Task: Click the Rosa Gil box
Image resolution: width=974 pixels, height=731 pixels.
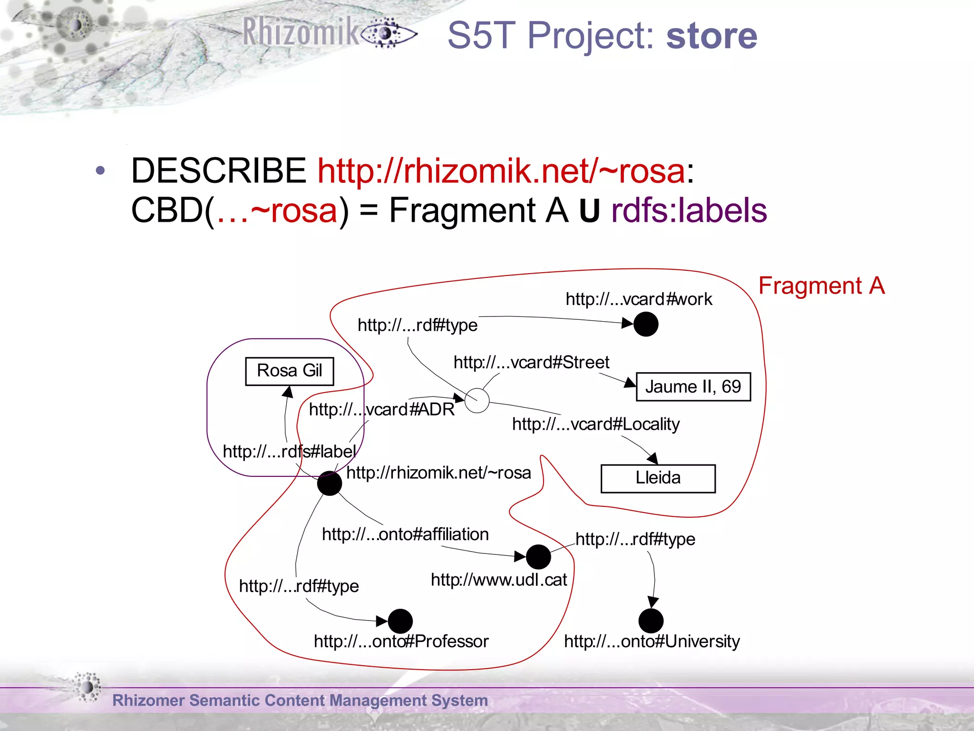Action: coord(289,371)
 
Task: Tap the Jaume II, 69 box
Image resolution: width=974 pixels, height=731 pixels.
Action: coord(693,387)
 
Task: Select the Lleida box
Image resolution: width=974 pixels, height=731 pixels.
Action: coord(658,478)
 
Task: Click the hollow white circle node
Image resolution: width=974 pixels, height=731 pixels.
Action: coord(477,400)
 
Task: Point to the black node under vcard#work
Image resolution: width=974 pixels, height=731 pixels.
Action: coord(646,324)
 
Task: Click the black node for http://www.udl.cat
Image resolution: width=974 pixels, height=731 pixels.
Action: coord(538,557)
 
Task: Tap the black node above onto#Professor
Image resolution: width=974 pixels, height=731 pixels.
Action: coord(400,621)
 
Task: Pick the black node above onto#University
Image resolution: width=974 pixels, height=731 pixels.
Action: coord(651,621)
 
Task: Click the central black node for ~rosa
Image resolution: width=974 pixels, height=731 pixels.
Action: coord(329,483)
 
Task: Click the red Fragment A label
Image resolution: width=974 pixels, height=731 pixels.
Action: coord(821,286)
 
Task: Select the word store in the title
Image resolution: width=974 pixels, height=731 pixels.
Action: coord(711,36)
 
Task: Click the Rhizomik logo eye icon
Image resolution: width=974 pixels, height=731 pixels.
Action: coord(388,33)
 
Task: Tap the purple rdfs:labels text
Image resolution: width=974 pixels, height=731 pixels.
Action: coord(689,210)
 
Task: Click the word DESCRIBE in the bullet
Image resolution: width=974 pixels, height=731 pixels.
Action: coord(218,170)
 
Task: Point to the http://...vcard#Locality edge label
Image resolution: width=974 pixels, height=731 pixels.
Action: coord(595,424)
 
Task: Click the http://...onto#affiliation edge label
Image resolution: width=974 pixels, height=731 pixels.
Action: coord(405,534)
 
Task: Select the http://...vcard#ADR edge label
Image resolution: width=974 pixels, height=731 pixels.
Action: coord(381,409)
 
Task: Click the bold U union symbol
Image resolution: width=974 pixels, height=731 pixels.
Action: coord(589,211)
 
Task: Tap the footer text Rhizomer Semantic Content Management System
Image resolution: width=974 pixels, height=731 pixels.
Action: coord(300,701)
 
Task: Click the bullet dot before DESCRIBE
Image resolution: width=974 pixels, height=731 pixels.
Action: coord(100,170)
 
